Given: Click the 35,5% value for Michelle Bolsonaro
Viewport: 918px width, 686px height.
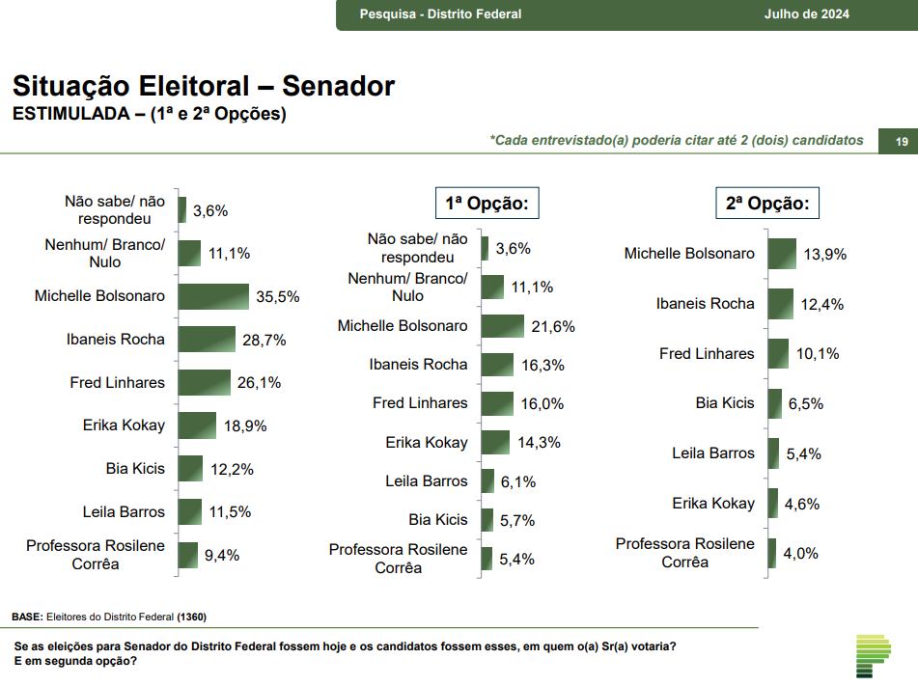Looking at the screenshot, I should [x=278, y=297].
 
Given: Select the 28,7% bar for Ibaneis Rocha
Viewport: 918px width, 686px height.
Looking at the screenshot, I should [x=207, y=339].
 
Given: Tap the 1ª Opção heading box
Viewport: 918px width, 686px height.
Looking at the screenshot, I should [x=487, y=204].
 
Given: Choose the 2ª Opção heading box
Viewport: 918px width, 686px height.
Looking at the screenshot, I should [x=767, y=204].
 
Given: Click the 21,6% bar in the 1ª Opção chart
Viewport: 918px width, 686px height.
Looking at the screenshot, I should [x=503, y=326].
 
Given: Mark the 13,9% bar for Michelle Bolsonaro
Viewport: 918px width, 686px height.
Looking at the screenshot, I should [x=782, y=254].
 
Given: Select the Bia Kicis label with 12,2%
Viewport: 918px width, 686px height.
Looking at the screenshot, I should [x=135, y=469].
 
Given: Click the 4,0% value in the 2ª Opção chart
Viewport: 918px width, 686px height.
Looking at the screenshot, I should [x=799, y=553].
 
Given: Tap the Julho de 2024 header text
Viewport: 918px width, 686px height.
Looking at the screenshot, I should [x=807, y=14].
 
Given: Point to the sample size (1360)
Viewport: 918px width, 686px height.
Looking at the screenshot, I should [x=192, y=617].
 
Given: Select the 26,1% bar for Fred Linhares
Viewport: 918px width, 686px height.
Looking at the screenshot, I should [x=205, y=382].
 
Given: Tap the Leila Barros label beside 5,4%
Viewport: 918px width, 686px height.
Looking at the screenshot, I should [x=713, y=453].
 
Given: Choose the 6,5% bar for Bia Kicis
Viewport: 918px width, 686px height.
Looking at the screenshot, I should [x=774, y=403].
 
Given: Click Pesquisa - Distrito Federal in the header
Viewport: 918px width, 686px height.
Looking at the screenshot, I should [x=440, y=14].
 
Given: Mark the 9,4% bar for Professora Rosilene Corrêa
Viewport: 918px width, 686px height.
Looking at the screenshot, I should [x=189, y=555].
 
